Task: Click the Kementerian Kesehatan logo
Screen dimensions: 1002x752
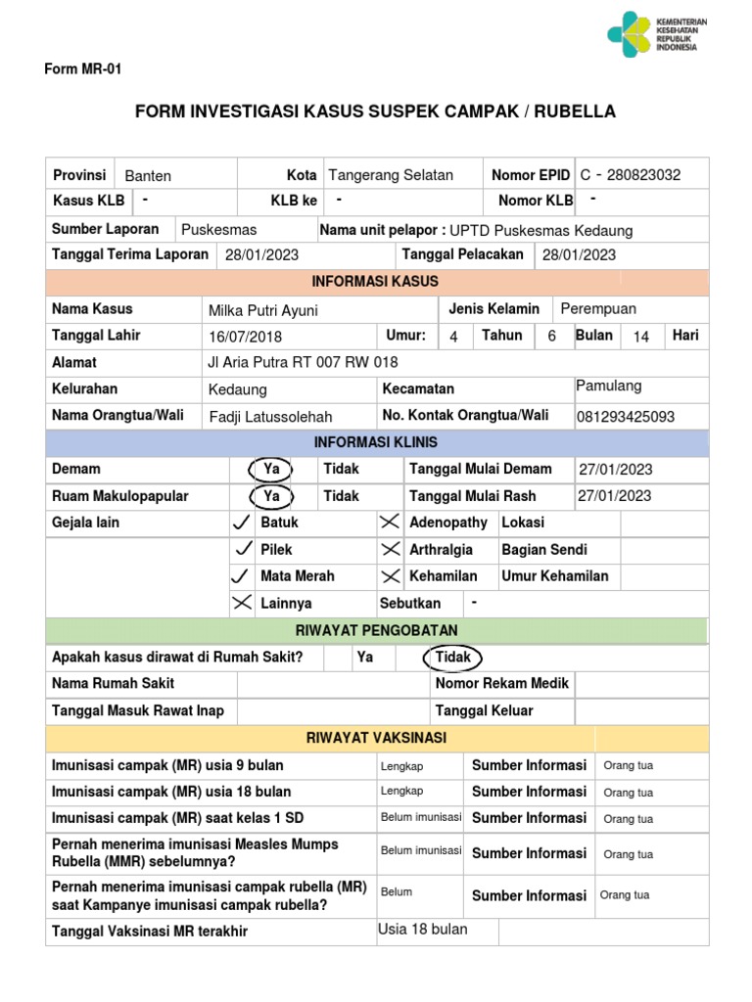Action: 657,35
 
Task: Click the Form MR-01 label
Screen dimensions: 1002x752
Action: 82,69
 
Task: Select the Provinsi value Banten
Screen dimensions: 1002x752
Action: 148,176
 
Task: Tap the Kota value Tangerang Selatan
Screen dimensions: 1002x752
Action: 391,175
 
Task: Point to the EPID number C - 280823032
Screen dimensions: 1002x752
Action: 630,175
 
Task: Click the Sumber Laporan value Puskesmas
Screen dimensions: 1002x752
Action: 219,229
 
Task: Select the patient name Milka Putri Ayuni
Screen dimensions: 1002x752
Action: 262,311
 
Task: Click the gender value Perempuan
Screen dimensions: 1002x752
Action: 598,309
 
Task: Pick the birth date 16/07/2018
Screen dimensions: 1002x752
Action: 245,337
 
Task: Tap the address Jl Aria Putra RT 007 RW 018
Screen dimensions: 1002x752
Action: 304,362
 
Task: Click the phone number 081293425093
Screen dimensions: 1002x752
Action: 626,417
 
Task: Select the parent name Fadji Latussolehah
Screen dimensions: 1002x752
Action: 271,417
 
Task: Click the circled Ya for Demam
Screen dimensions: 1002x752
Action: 271,470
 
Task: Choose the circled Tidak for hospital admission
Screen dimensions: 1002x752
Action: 452,658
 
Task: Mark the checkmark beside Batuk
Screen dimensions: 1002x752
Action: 241,523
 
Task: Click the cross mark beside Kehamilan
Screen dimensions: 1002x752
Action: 390,576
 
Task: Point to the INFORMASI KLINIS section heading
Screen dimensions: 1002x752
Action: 376,442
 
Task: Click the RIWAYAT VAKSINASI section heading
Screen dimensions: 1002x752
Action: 376,737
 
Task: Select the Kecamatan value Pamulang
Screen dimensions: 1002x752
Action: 609,386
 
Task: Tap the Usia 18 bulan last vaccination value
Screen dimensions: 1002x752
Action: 423,929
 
